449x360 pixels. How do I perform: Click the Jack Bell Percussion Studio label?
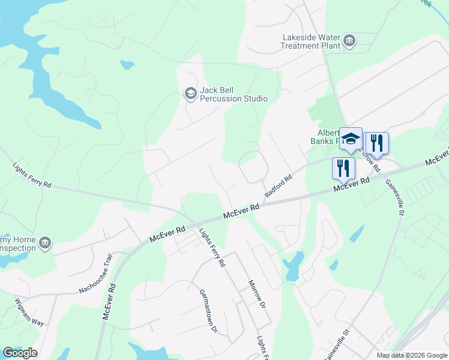point(234,94)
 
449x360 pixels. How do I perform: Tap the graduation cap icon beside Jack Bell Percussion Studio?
point(190,93)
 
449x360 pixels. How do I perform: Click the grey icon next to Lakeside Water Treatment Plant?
point(349,41)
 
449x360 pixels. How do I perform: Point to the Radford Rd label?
point(279,187)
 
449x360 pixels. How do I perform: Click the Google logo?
point(20,352)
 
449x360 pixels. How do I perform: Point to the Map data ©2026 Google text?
point(412,355)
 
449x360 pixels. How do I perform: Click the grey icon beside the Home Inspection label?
point(45,243)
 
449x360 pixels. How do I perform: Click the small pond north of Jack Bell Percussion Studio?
point(127,64)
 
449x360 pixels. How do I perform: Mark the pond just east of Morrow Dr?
point(294,266)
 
